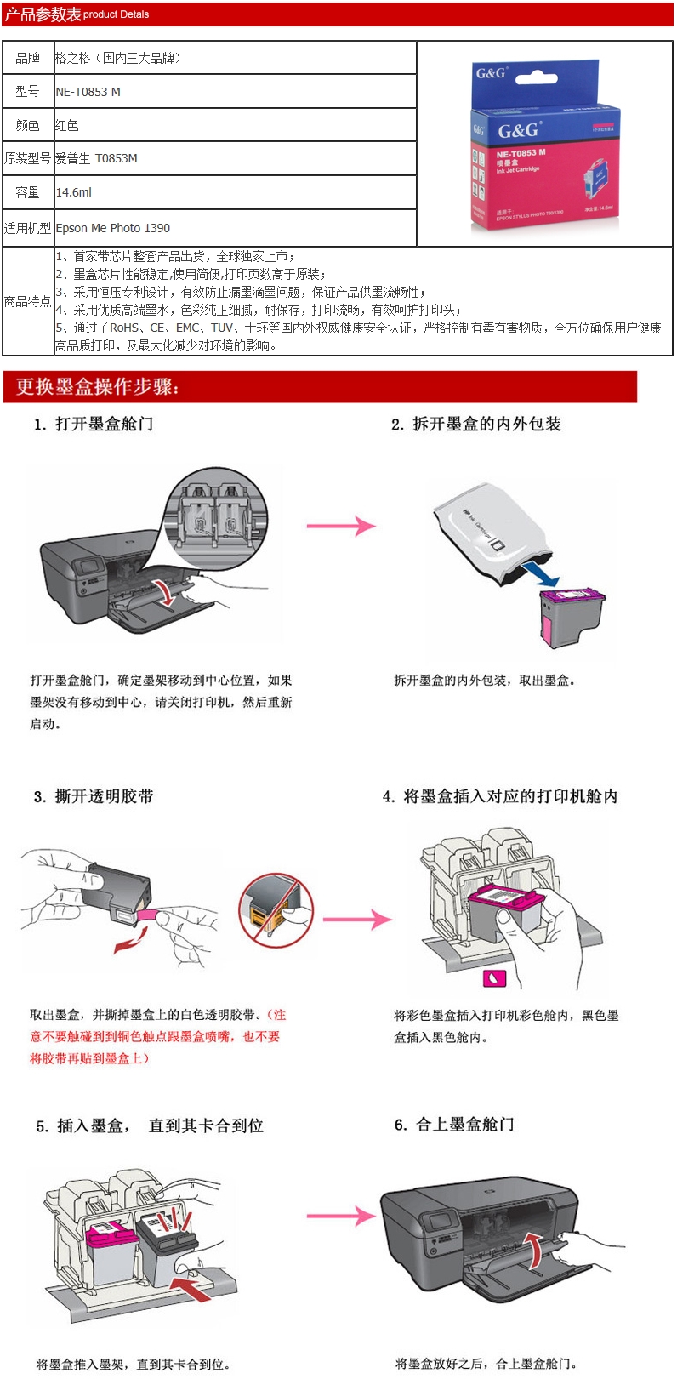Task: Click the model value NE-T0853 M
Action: [x=88, y=92]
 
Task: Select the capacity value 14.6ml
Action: [x=74, y=192]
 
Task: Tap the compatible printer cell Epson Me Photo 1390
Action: [x=113, y=228]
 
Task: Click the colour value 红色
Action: [x=67, y=125]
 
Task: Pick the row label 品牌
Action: [x=28, y=58]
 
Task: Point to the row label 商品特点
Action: [x=28, y=301]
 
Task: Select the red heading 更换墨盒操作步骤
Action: [x=98, y=387]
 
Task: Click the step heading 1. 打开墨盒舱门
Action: [x=94, y=424]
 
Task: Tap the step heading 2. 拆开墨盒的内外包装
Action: [x=476, y=424]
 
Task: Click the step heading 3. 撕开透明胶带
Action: [x=94, y=796]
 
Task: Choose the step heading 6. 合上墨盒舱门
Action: [x=454, y=1125]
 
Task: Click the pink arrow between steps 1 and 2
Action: [x=341, y=526]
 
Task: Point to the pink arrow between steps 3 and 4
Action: [x=357, y=919]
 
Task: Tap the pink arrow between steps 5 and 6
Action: [x=340, y=1217]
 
